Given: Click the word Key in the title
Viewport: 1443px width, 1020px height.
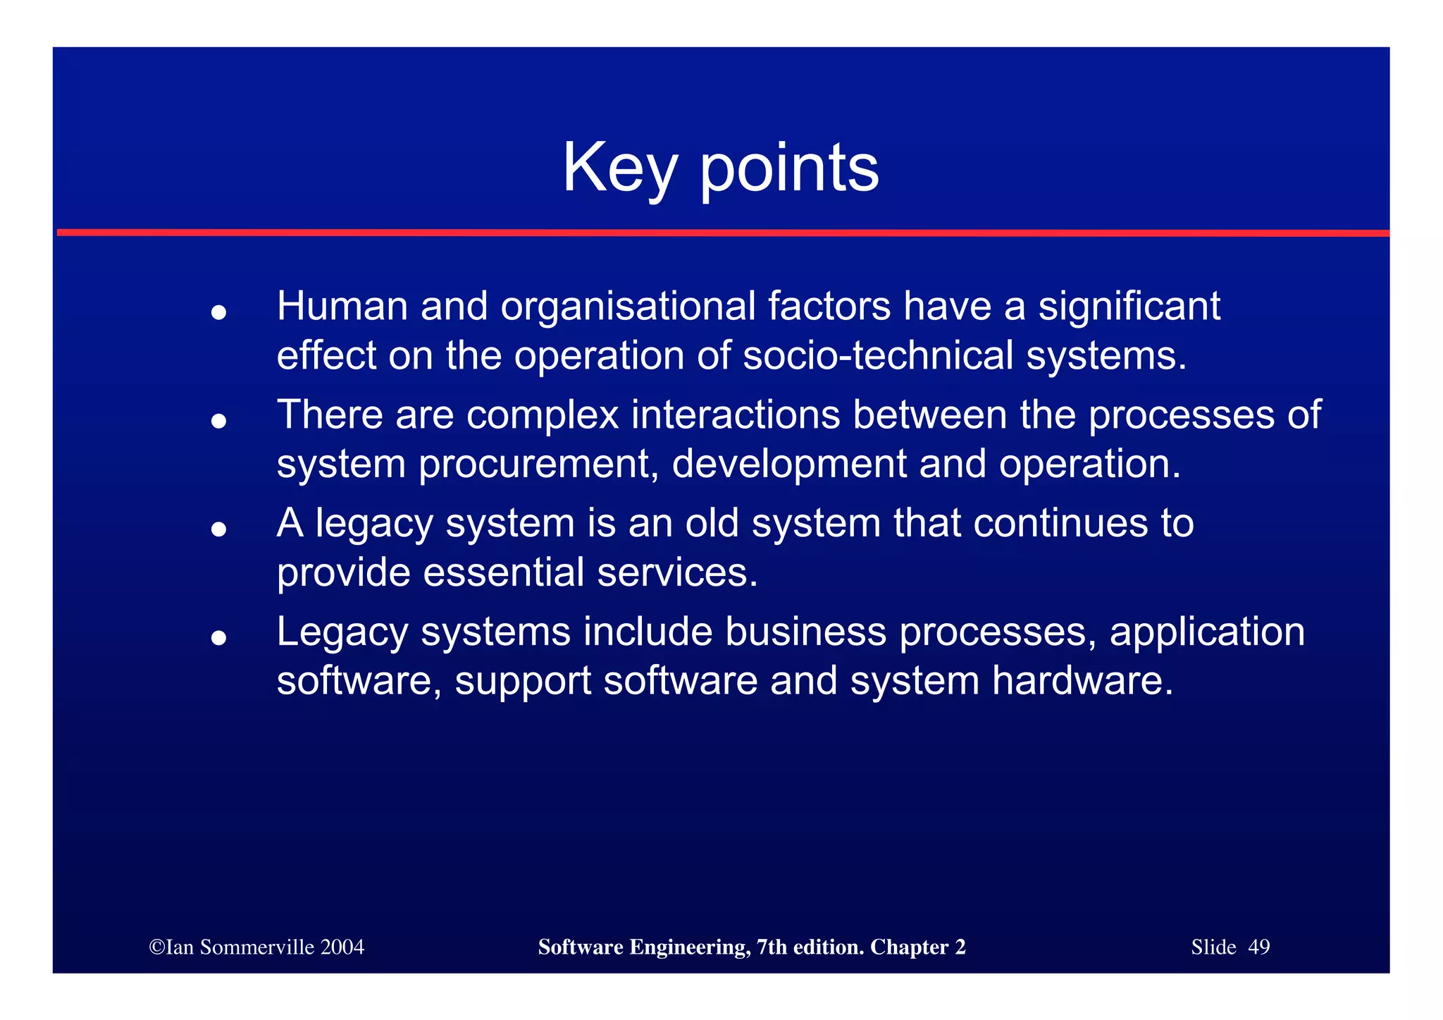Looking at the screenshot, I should [x=619, y=169].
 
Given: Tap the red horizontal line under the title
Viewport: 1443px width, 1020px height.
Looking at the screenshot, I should [x=721, y=233].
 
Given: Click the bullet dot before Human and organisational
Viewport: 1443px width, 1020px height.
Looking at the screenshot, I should [x=218, y=312].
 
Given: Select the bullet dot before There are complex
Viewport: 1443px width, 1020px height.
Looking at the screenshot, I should [x=218, y=421].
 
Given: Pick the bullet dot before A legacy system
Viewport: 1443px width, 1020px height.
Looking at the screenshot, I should [x=218, y=529].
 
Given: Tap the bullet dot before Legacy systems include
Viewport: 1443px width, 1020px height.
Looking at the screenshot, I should [x=218, y=638].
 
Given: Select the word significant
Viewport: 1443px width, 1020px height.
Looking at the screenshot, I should [x=1129, y=307].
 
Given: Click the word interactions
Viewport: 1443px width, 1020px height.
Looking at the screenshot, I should [x=735, y=414].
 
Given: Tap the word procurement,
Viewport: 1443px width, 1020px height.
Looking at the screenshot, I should [x=539, y=465].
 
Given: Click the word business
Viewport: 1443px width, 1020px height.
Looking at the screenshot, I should [x=805, y=632].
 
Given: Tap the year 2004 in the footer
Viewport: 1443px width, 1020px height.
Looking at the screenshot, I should [x=342, y=947].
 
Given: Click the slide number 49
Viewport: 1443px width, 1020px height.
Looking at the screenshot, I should [x=1258, y=947].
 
